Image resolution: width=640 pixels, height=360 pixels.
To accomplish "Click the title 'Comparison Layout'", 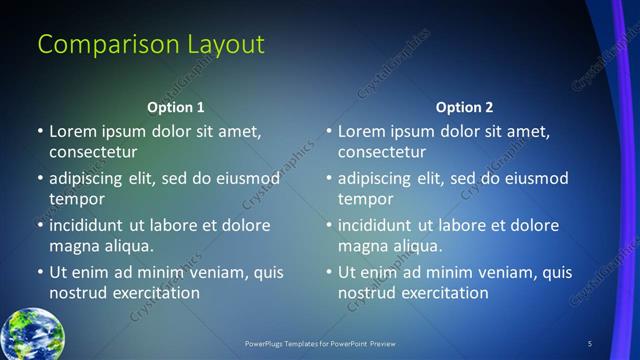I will [x=151, y=45].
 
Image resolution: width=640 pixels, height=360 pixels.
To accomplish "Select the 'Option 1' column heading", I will [x=176, y=107].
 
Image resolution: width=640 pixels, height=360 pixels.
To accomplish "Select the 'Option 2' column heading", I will [x=465, y=107].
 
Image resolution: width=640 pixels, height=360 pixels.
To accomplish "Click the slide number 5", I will [x=589, y=344].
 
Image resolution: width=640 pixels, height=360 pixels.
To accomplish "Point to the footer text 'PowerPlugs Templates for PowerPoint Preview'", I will [x=321, y=344].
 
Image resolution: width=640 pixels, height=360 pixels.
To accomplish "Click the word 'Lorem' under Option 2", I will [x=361, y=131].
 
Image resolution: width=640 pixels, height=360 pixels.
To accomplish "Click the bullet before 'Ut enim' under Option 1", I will [x=40, y=272].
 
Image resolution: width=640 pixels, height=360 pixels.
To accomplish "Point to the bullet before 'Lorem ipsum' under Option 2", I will [x=329, y=131].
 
